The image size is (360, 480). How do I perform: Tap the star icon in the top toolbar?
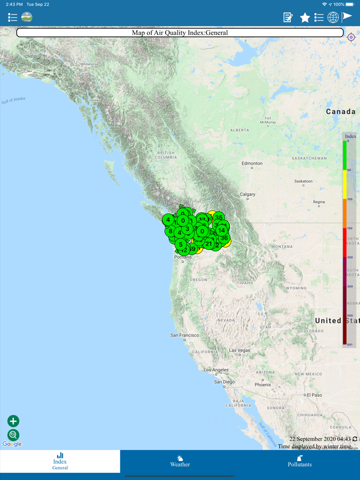point(305,18)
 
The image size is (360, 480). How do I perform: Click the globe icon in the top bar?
point(333,17)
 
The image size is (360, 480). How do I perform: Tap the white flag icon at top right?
point(348,16)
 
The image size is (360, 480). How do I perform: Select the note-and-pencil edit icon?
point(288,18)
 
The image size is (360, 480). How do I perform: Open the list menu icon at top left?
point(12,18)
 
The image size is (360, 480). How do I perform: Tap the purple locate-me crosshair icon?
point(351,38)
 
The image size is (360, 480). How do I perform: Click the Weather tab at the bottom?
point(180,461)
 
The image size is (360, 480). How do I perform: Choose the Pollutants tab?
point(299,461)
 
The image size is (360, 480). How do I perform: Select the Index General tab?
point(60,461)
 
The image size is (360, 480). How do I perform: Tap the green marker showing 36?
point(224,238)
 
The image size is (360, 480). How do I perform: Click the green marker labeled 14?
point(221,230)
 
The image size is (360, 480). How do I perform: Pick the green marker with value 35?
point(219,218)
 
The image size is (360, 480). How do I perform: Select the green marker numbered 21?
point(209,244)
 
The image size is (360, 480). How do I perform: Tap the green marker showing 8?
point(170,231)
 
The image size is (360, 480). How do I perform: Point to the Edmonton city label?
point(252,163)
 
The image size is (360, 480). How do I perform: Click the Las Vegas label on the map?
point(240,350)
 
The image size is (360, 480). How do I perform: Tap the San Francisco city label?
point(185,335)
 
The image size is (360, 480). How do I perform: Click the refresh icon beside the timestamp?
point(355,439)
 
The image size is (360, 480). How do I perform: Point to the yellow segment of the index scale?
point(345,184)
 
